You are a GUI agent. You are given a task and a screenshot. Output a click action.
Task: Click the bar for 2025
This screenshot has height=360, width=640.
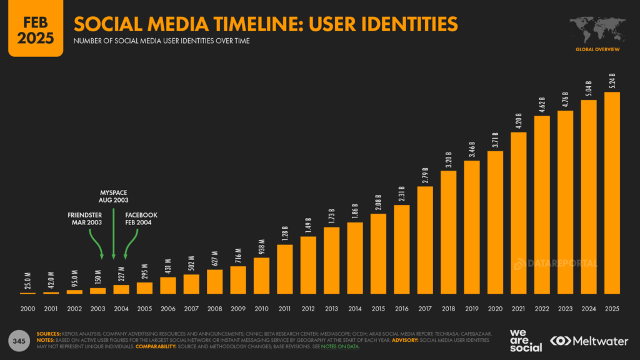pos(612,193)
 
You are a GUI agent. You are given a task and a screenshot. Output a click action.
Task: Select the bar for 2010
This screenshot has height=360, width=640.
pos(262,276)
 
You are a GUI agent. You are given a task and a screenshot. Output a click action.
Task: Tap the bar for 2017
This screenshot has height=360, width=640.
pos(425,240)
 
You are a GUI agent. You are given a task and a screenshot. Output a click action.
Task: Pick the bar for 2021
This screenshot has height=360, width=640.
pos(519,212)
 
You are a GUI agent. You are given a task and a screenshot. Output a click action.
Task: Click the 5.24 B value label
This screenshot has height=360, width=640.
pos(612,81)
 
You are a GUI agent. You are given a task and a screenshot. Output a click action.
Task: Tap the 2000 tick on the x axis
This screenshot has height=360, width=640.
pos(28,308)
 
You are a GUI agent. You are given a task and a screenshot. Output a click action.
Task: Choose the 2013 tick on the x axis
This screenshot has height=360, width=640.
pos(332,308)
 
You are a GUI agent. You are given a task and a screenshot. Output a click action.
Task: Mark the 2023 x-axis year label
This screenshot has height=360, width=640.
pos(565,308)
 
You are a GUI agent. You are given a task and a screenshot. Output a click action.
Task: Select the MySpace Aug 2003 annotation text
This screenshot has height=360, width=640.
pos(113,195)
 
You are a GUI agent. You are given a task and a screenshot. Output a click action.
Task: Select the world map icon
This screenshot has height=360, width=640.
pos(598,29)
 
